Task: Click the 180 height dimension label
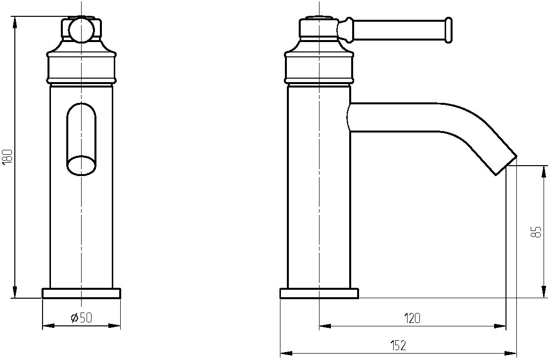click(7, 157)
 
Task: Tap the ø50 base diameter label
click(81, 317)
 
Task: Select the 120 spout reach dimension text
click(412, 318)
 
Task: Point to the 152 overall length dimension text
click(398, 345)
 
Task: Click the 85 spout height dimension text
click(536, 232)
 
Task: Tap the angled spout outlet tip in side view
click(506, 164)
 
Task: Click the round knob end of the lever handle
click(448, 30)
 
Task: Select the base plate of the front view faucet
click(82, 293)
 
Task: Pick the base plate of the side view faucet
click(319, 293)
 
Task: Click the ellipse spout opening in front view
click(82, 166)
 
